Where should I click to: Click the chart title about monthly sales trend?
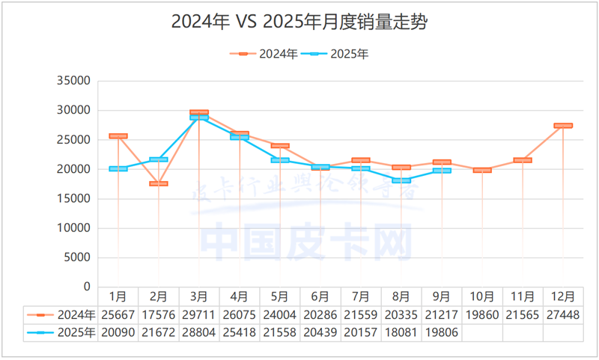pyautogui.click(x=299, y=22)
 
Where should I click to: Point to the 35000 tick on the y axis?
pyautogui.click(x=73, y=81)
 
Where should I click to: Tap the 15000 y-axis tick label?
pyautogui.click(x=73, y=198)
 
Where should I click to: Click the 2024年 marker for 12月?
pyautogui.click(x=563, y=126)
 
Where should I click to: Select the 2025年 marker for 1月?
pyautogui.click(x=118, y=169)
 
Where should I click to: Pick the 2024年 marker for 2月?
pyautogui.click(x=159, y=183)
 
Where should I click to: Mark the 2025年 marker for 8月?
pyautogui.click(x=401, y=180)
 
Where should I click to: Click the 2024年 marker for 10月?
pyautogui.click(x=482, y=170)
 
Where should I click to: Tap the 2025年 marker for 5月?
pyautogui.click(x=280, y=160)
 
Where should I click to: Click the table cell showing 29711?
pyautogui.click(x=199, y=315)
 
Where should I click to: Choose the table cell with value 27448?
pyautogui.click(x=563, y=315)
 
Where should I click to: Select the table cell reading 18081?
pyautogui.click(x=401, y=332)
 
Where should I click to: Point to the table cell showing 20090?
pyautogui.click(x=118, y=332)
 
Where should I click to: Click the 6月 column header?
pyautogui.click(x=320, y=297)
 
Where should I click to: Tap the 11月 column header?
pyautogui.click(x=523, y=297)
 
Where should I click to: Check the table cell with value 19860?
pyautogui.click(x=482, y=315)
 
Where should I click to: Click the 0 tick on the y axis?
pyautogui.click(x=85, y=287)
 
